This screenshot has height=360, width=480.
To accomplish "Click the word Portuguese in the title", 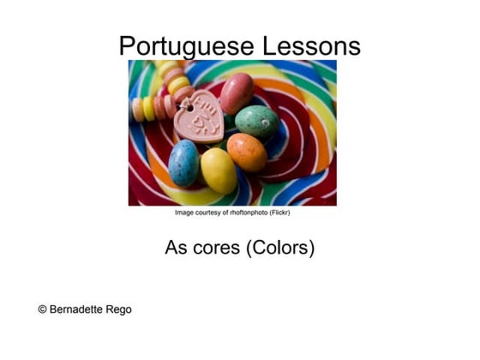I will [x=183, y=45].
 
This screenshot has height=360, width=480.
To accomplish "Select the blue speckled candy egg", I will [x=183, y=163].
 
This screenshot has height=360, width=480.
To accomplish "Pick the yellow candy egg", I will [x=219, y=170].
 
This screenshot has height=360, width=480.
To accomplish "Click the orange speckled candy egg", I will [x=247, y=152].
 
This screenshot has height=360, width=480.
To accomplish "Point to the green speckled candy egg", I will [x=257, y=122].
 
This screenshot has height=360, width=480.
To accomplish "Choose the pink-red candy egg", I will [x=237, y=93].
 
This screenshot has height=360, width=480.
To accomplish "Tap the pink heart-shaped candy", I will [x=198, y=120].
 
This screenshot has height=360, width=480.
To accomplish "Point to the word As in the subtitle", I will [x=176, y=249].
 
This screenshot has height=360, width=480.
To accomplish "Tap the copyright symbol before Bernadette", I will [x=43, y=309].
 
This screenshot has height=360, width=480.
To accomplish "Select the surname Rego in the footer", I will [x=120, y=309].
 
